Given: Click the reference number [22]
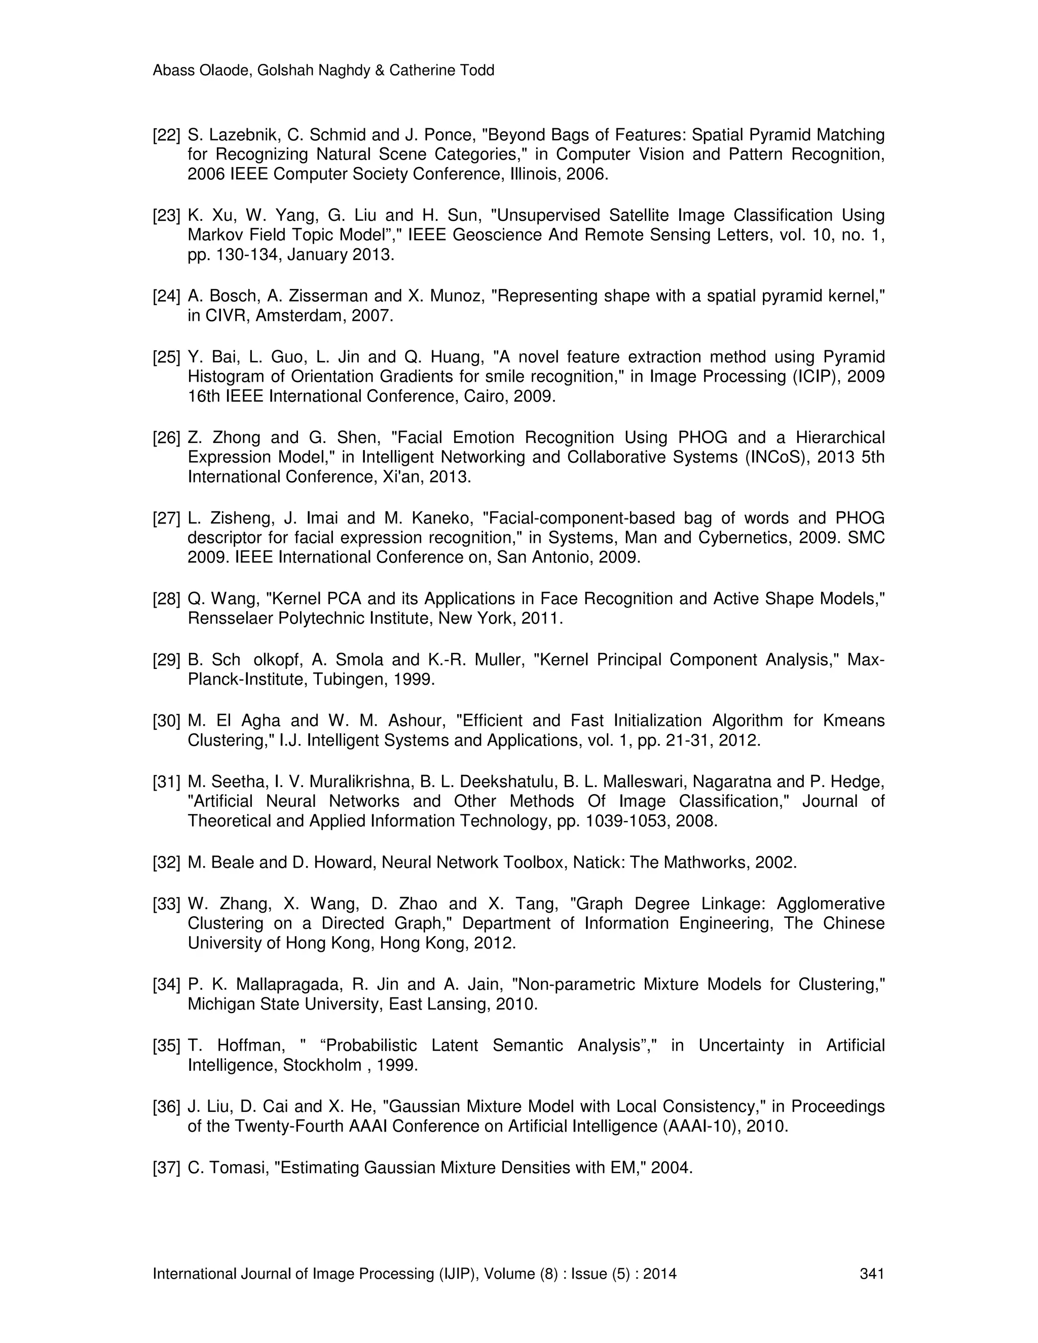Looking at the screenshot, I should pyautogui.click(x=166, y=135).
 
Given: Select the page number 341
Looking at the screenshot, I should pyautogui.click(x=871, y=1274).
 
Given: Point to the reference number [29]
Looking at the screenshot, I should pyautogui.click(x=166, y=660).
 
